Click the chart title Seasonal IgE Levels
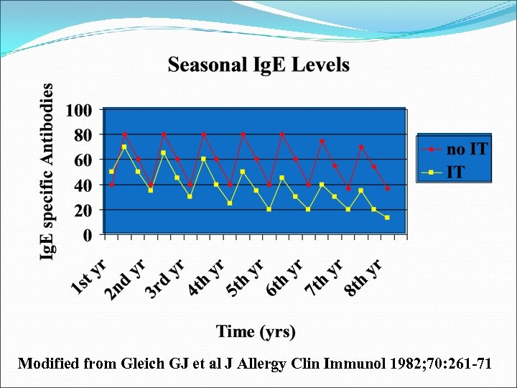pos(258,65)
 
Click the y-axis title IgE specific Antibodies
pos(47,172)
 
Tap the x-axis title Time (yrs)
pos(256,331)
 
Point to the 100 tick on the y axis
pos(79,111)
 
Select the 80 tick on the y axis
pos(83,135)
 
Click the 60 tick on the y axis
pos(83,160)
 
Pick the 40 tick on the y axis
pos(83,185)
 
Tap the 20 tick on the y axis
pos(83,210)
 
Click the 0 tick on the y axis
pos(87,234)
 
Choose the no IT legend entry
pos(466,149)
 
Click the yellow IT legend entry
pos(455,171)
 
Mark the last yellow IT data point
pos(387,218)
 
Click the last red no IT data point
pos(387,188)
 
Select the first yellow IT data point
pos(111,172)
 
